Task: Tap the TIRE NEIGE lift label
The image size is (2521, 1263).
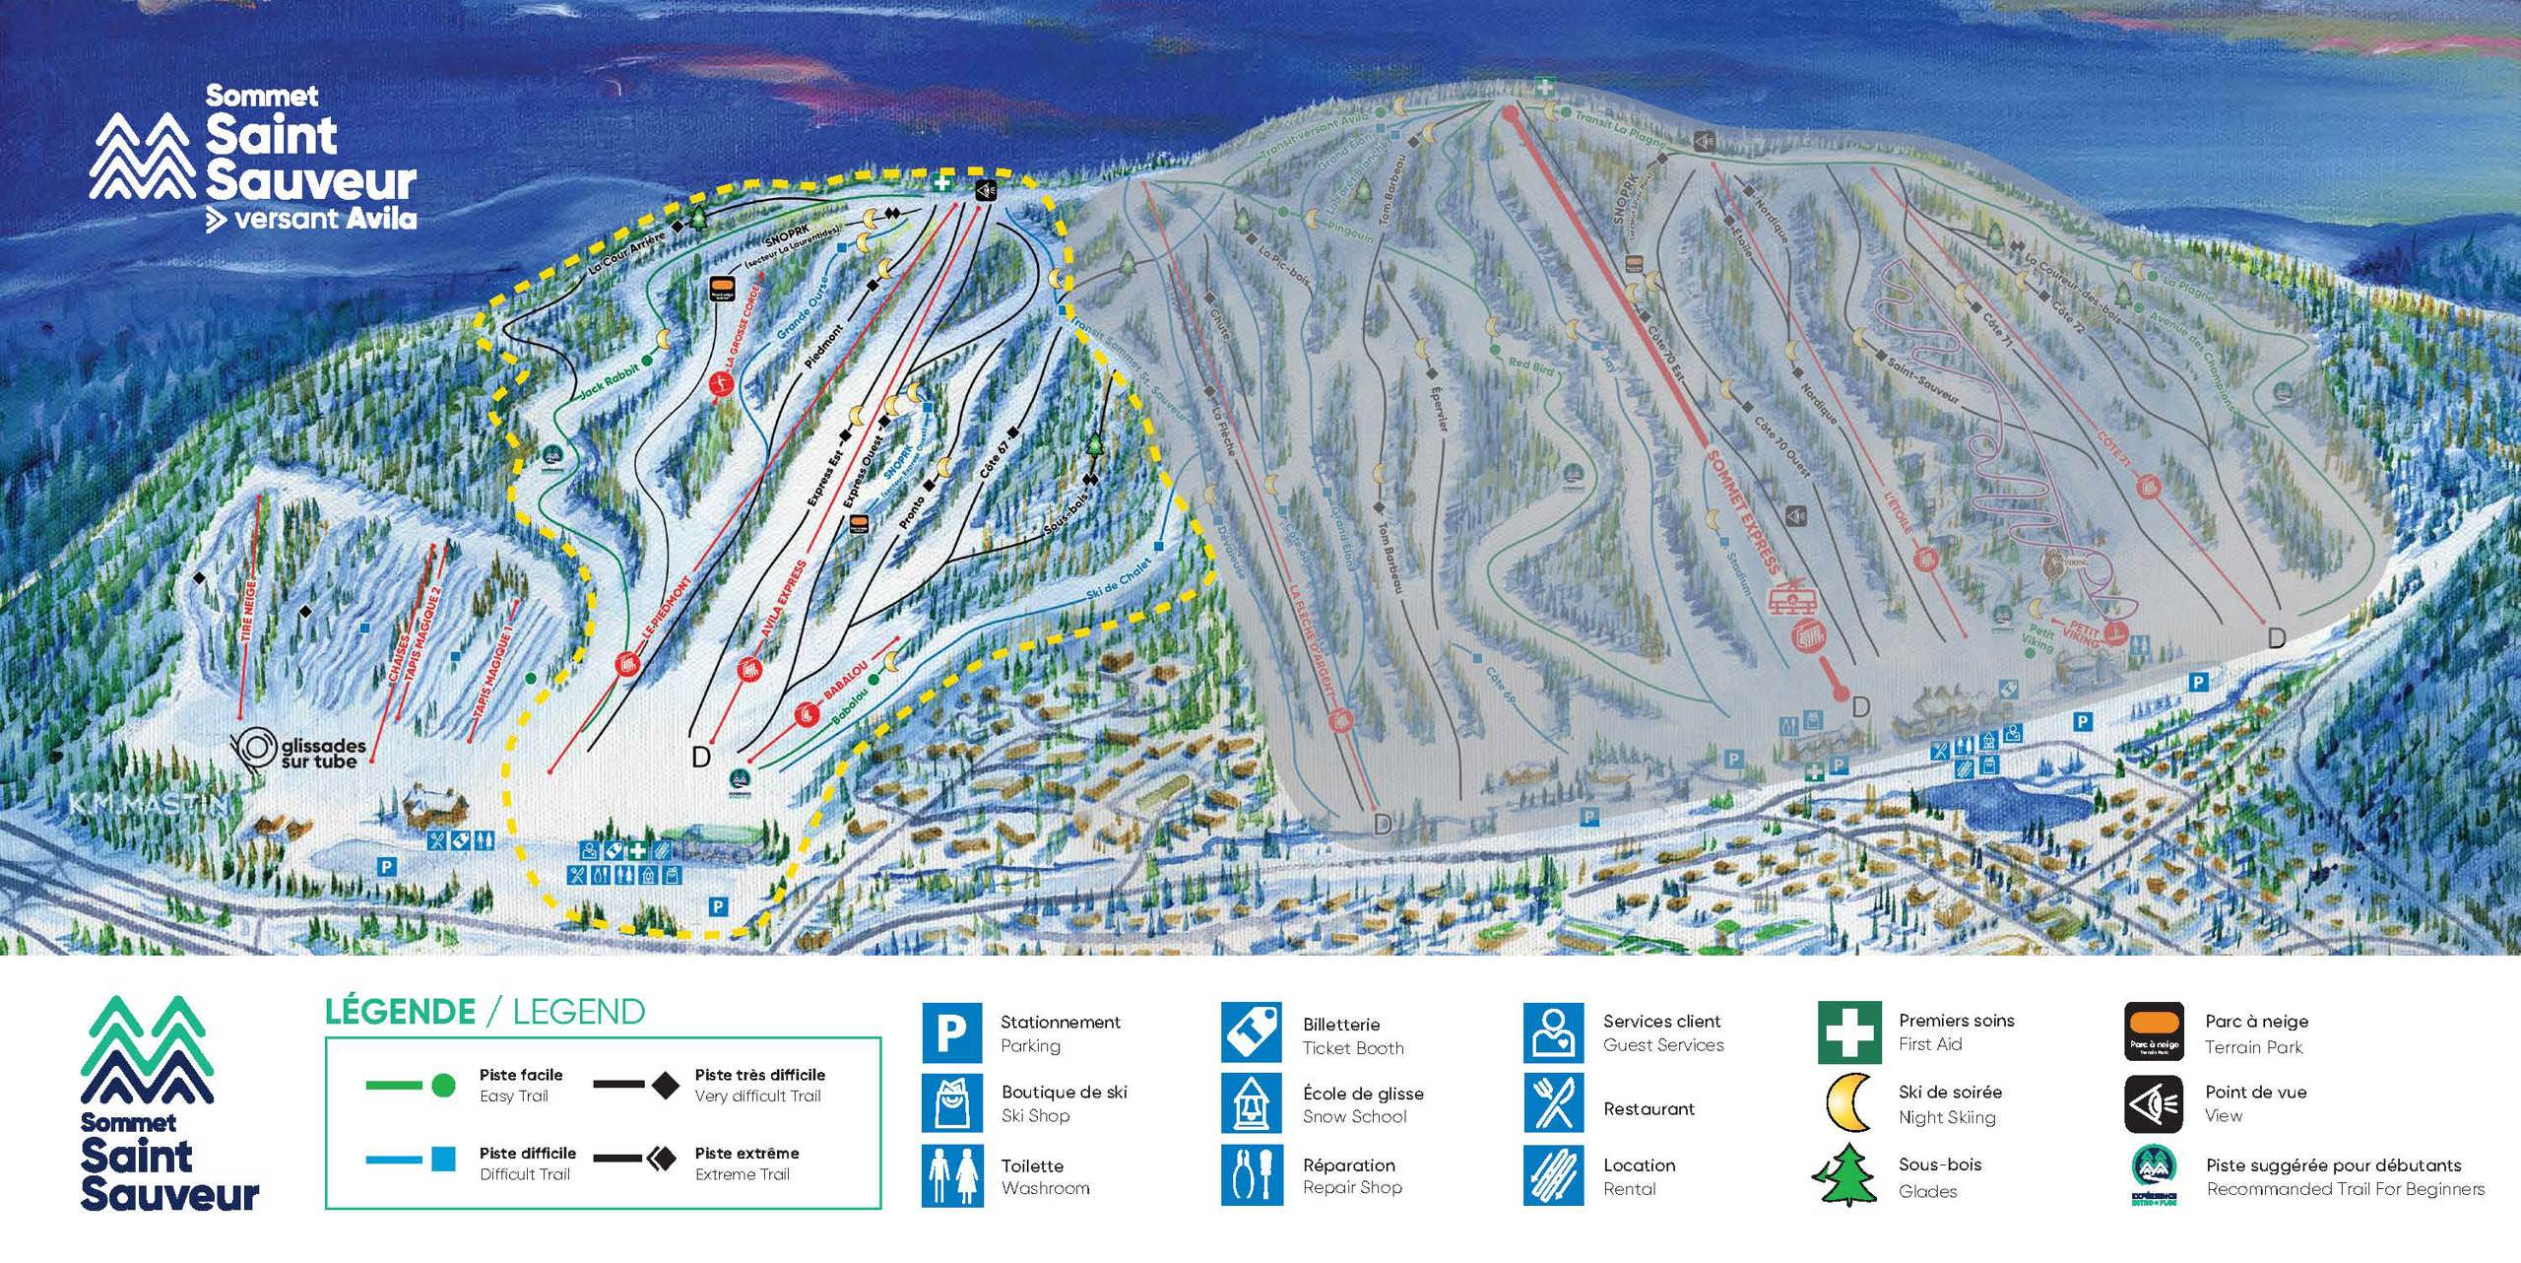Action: (x=247, y=611)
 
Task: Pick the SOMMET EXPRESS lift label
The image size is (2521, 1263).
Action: (x=1744, y=512)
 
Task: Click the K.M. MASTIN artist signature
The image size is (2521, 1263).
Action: (x=148, y=805)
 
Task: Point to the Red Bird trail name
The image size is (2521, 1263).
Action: (x=1531, y=365)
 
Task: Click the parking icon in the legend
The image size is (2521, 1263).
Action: (x=951, y=1032)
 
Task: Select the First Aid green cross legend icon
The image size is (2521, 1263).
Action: (x=1848, y=1032)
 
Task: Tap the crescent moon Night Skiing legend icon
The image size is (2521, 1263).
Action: (x=1848, y=1103)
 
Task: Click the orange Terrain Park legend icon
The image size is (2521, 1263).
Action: (x=2155, y=1032)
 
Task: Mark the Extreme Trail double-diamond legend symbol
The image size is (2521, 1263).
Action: (x=663, y=1159)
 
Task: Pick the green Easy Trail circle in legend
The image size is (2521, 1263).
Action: (x=444, y=1085)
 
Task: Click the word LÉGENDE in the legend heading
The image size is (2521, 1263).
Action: (x=400, y=1012)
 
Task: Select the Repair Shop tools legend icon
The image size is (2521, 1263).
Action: (x=1252, y=1174)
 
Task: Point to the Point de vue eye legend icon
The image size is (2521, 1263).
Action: (x=2155, y=1103)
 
